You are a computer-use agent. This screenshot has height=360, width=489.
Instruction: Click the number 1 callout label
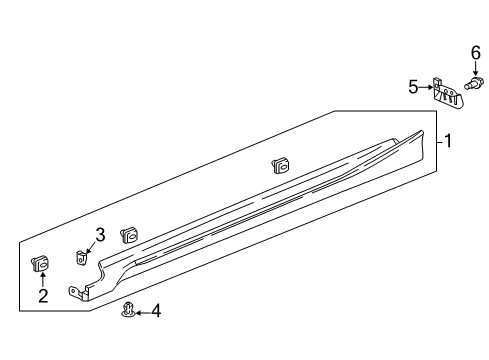[449, 141]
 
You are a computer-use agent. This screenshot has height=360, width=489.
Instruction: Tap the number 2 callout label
[43, 295]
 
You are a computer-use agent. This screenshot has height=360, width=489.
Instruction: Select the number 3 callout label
[100, 235]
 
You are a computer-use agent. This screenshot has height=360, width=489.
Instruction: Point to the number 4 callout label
[155, 313]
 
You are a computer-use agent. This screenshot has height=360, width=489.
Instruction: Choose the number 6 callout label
[475, 52]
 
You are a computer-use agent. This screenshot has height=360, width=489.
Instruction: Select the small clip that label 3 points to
[84, 258]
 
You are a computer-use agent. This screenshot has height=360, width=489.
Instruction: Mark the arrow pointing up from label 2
[43, 280]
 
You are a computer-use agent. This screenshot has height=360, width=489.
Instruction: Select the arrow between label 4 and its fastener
[142, 313]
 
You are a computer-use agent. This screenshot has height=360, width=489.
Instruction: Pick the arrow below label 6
[475, 68]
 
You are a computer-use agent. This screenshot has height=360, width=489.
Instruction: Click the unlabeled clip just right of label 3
[129, 235]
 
